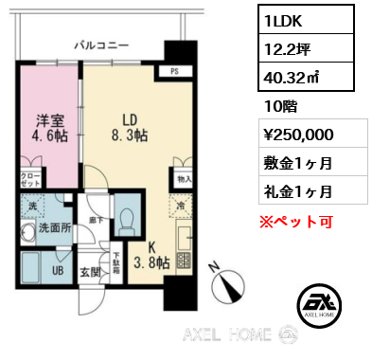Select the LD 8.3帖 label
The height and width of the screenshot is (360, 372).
(130, 129)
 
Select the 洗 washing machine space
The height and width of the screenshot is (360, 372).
(31, 207)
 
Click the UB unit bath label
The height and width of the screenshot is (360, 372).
(54, 270)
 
